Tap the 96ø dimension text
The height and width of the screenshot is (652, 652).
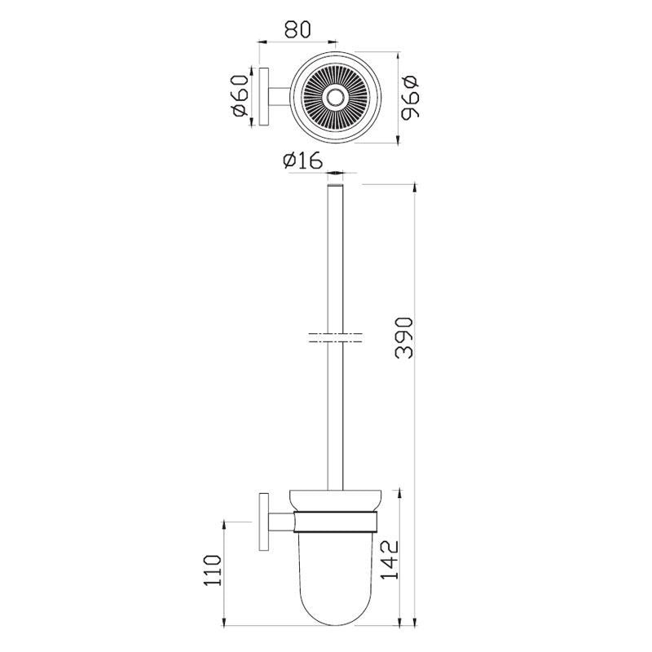pos(410,98)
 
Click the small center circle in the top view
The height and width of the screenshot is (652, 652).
pos(333,99)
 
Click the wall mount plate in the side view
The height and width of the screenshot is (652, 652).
pos(264,522)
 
